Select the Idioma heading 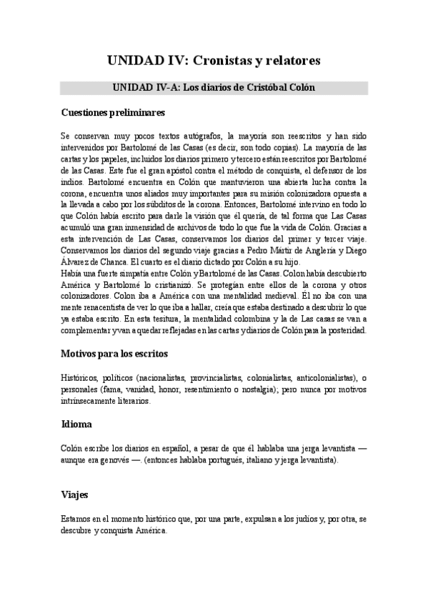[x=76, y=424]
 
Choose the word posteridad [x=342, y=330]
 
